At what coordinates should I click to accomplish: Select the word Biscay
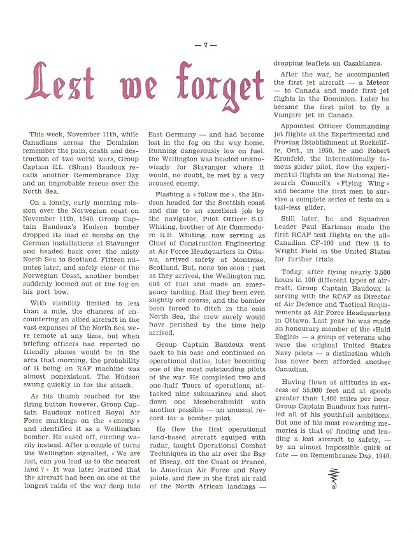pos(168,470)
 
